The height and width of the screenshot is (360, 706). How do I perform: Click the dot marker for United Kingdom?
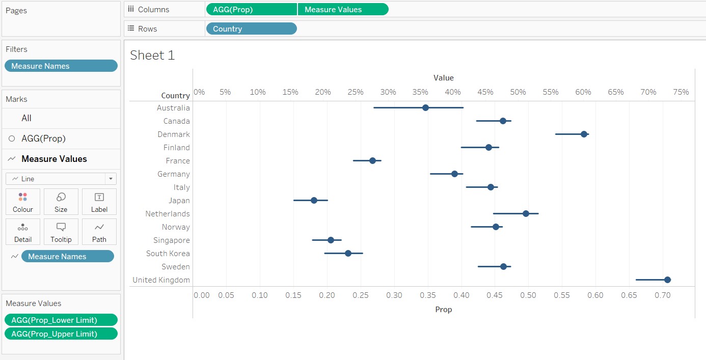(667, 280)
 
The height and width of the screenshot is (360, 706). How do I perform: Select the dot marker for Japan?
(314, 200)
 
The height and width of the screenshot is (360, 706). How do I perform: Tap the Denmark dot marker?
(584, 134)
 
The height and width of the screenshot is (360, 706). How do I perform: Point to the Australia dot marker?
(425, 107)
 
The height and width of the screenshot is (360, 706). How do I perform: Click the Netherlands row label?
(167, 214)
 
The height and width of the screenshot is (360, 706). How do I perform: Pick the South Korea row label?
(168, 254)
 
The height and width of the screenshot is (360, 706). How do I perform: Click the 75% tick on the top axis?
(681, 92)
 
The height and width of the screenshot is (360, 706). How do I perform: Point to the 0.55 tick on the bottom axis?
(562, 295)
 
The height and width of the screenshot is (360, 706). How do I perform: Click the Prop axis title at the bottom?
(443, 309)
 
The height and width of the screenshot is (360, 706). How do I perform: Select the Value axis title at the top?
(443, 78)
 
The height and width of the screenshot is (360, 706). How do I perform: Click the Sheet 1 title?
(152, 55)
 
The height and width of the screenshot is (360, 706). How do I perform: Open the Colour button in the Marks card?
(23, 202)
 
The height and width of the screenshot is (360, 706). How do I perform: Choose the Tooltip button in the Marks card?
(61, 232)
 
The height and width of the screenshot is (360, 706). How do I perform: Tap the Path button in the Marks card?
(99, 232)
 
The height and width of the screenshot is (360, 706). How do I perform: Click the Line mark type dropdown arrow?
(111, 179)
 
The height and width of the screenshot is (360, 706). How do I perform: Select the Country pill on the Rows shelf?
(251, 29)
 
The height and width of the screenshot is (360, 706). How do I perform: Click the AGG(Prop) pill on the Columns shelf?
(251, 10)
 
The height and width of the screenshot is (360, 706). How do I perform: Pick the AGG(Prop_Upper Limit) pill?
(61, 334)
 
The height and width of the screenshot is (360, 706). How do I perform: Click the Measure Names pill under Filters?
(61, 66)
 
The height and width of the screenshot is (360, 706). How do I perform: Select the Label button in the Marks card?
(99, 202)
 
